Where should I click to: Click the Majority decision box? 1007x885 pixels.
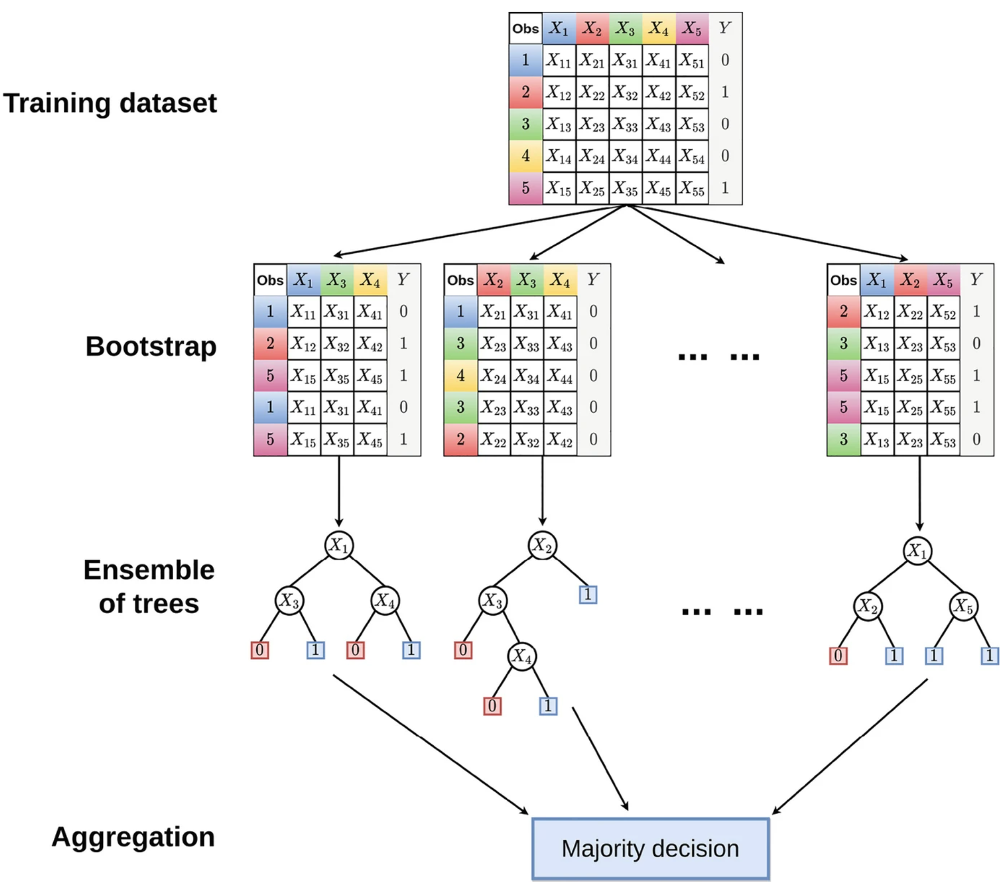click(651, 848)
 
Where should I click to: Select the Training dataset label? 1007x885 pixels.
click(110, 103)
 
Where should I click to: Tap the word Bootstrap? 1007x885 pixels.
click(151, 347)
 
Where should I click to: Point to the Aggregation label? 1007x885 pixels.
click(133, 836)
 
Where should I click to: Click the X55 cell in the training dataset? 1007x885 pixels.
click(692, 188)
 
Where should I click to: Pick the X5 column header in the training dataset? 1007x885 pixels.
click(692, 28)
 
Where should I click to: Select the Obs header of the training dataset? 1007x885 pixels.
click(525, 28)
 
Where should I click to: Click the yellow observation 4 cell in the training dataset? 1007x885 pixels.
click(525, 156)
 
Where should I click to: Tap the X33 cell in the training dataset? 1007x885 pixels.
click(626, 124)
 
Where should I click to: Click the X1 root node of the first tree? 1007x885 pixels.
click(339, 545)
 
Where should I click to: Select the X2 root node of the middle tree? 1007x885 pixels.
click(542, 545)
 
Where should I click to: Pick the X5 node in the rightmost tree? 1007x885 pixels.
click(963, 606)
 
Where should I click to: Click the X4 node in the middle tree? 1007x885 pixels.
click(522, 656)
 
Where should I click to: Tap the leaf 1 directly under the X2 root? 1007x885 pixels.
click(588, 594)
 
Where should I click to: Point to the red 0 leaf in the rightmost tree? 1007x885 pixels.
click(838, 655)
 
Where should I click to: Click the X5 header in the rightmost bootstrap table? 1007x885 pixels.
click(943, 280)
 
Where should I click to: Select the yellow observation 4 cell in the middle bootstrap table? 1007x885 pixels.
click(460, 376)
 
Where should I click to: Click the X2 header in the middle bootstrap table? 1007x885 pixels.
click(493, 280)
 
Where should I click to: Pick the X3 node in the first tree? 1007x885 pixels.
click(289, 601)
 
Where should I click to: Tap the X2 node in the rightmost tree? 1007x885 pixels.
click(868, 606)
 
